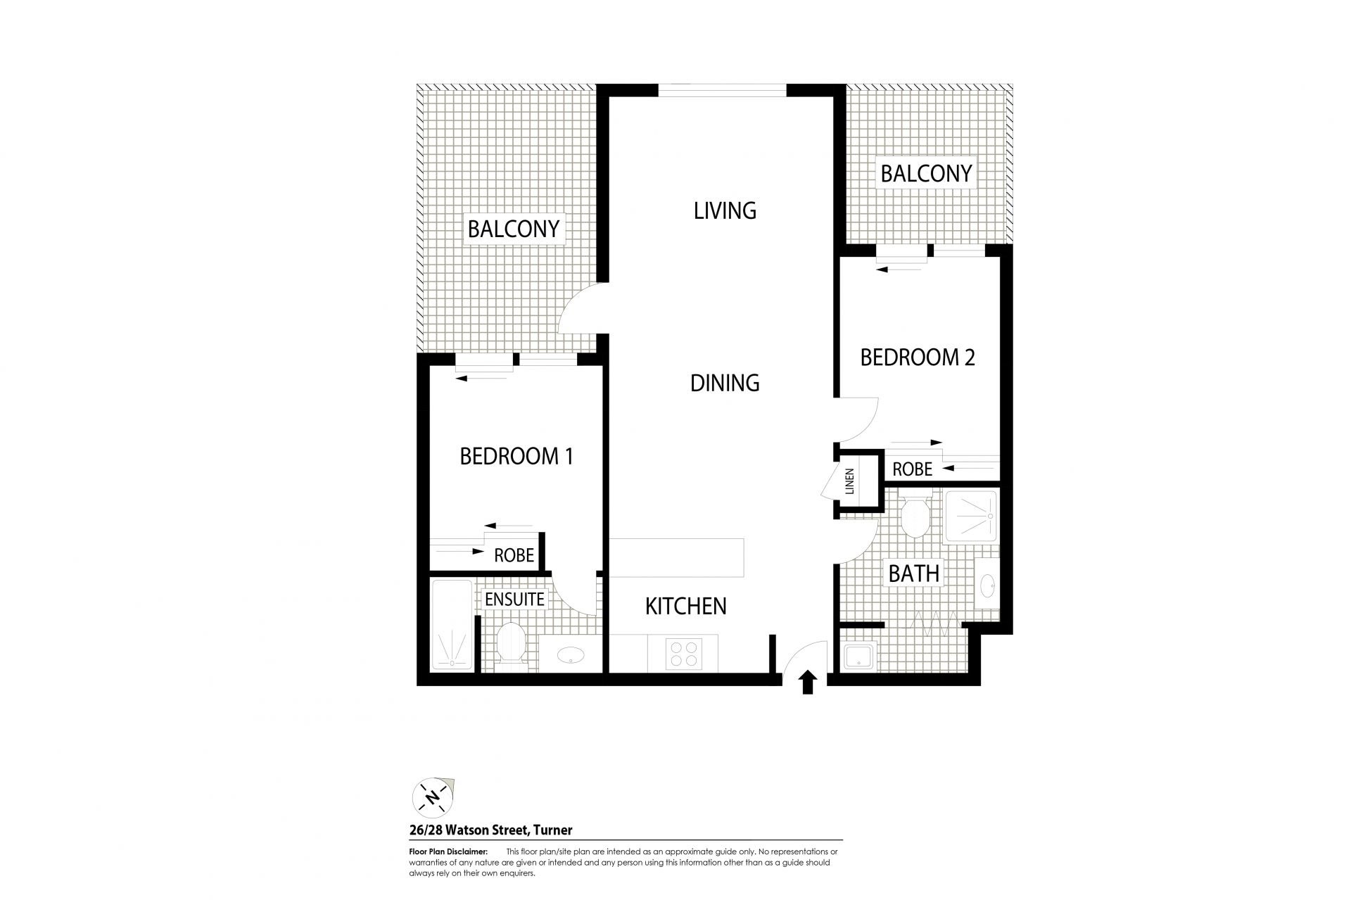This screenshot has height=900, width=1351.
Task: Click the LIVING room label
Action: [725, 210]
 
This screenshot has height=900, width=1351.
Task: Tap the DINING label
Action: [725, 383]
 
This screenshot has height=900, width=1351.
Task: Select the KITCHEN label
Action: [686, 606]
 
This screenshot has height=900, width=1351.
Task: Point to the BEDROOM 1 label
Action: [516, 456]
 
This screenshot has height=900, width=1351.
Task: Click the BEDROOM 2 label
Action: [918, 357]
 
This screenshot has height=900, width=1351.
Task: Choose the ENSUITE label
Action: [514, 599]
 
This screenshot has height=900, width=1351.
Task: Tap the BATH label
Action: [914, 573]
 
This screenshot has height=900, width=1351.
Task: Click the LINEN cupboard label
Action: [849, 481]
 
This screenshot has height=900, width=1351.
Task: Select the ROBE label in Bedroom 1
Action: [514, 555]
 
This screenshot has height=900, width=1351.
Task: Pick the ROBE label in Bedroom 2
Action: [912, 469]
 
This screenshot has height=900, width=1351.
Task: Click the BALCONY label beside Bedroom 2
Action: [926, 173]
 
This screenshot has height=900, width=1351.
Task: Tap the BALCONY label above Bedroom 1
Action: [514, 229]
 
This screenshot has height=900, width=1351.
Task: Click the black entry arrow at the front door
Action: [808, 682]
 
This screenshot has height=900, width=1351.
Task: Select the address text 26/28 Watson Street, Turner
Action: [490, 830]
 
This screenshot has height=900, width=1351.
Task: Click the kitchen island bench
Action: [676, 558]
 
